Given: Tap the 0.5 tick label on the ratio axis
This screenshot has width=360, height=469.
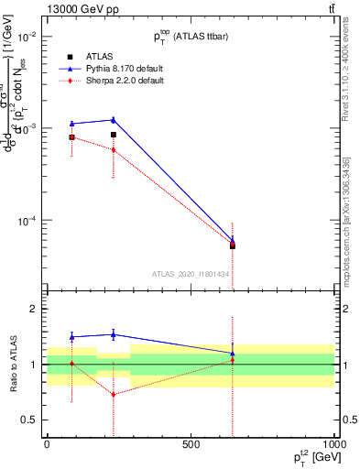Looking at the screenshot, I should coord(28,420).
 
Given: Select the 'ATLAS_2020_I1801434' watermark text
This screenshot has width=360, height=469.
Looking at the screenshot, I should coord(191,274).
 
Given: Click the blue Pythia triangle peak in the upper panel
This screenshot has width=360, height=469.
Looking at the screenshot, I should coord(114,119).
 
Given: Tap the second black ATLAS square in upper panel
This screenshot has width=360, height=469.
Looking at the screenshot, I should coord(114,135).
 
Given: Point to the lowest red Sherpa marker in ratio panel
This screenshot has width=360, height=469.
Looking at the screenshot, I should coord(114,395).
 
